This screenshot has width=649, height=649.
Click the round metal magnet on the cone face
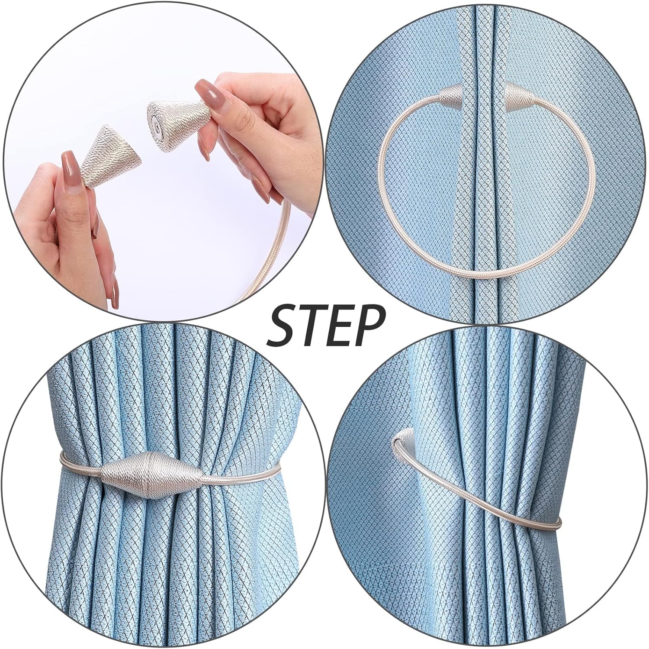point(155,114)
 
